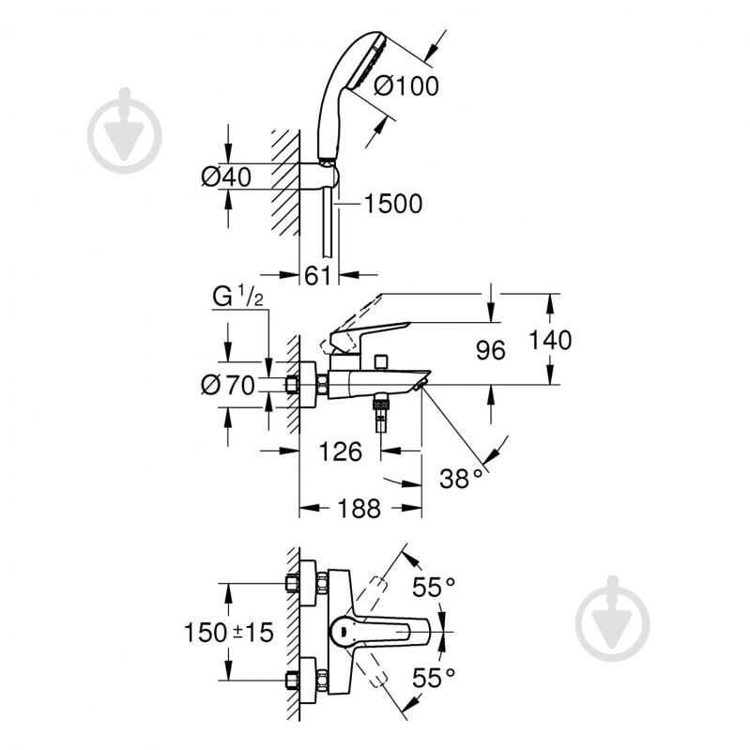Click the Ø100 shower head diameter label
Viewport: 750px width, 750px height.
(406, 86)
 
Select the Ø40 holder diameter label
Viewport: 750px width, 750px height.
(226, 176)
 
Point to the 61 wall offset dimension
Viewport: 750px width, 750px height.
(319, 275)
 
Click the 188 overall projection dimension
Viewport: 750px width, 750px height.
(359, 509)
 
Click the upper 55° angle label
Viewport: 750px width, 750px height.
(434, 588)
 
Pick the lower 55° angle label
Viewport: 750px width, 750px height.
(434, 675)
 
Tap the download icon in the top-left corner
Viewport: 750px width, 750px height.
(124, 130)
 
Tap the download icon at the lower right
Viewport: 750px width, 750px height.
(612, 619)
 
